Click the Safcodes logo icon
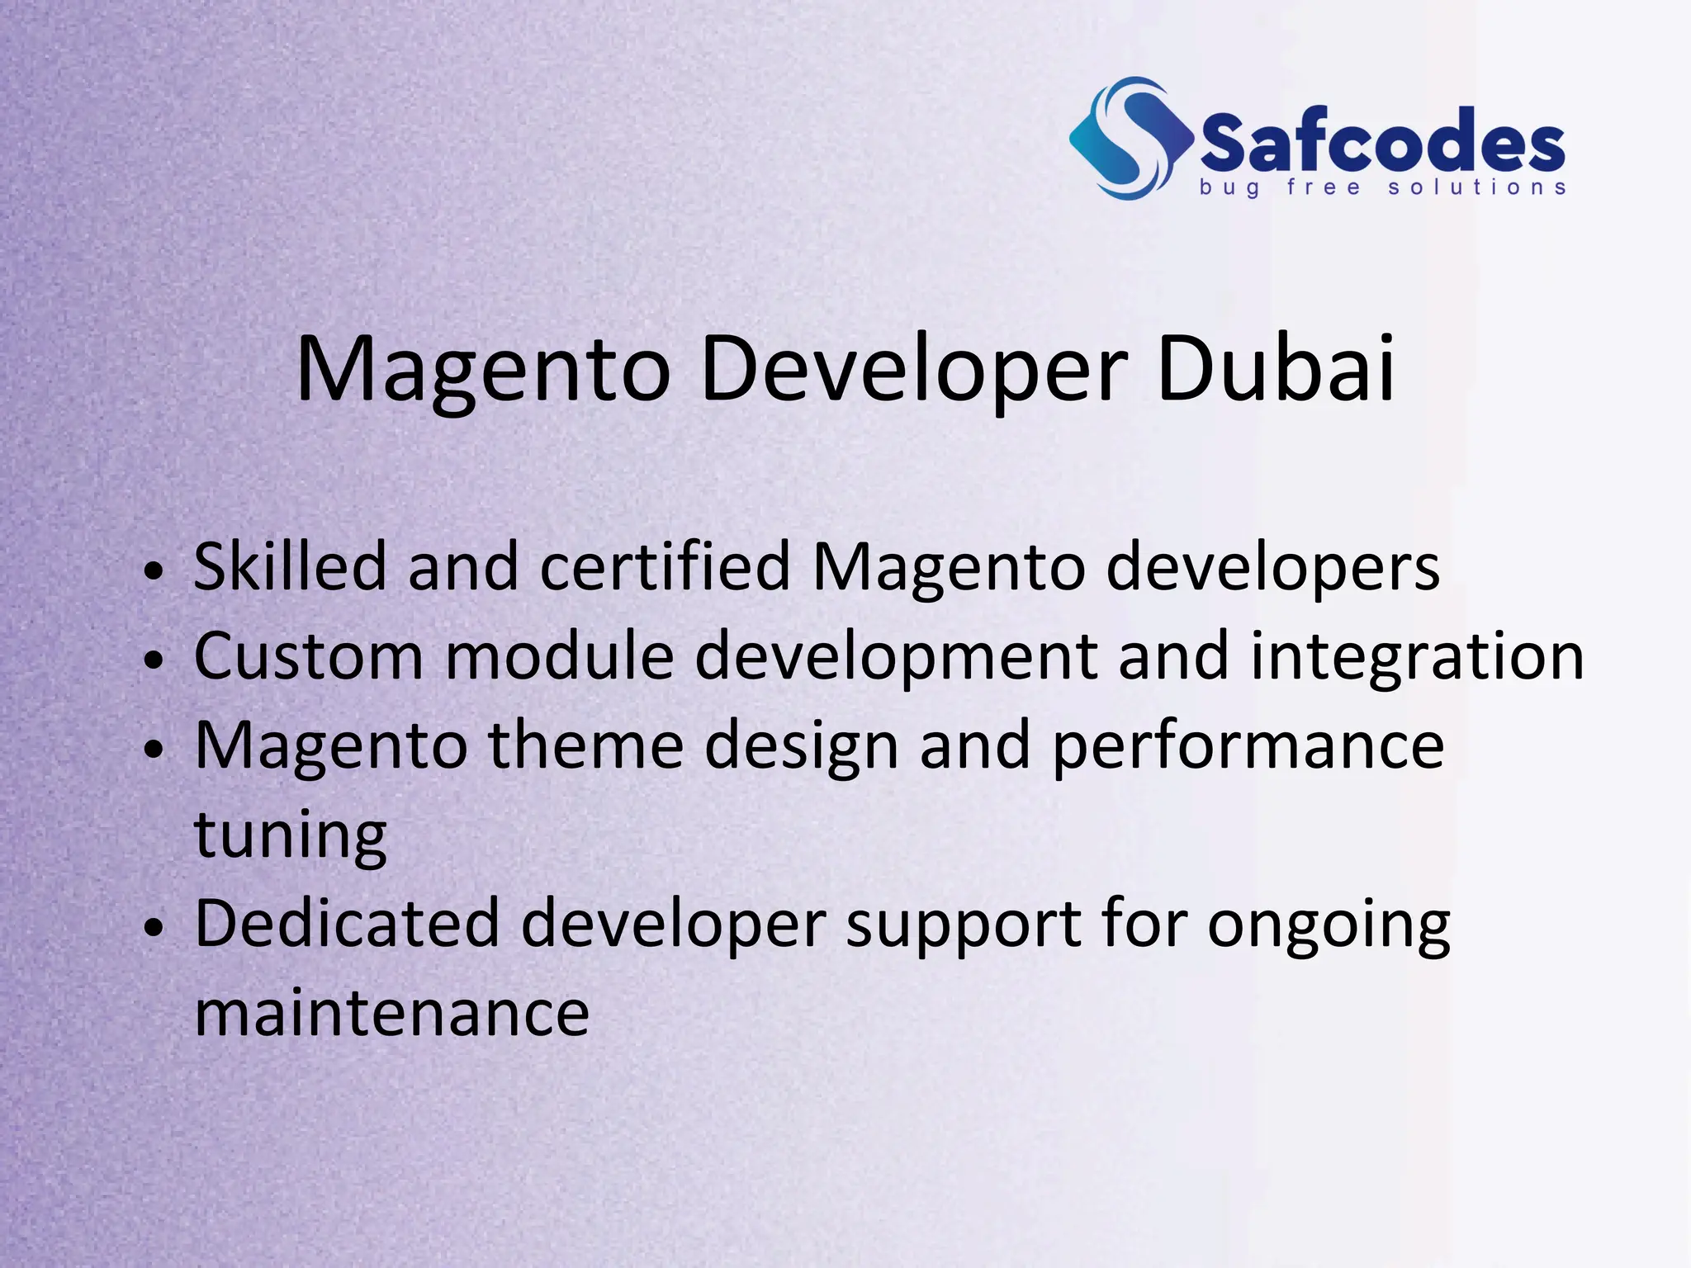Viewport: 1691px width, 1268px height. [1130, 139]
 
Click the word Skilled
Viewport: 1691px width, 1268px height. [290, 566]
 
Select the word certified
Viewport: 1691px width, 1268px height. [666, 566]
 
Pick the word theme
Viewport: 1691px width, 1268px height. [585, 745]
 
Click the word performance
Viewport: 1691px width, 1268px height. [1248, 745]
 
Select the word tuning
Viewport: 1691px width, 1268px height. [290, 835]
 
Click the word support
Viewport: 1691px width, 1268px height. [963, 925]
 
